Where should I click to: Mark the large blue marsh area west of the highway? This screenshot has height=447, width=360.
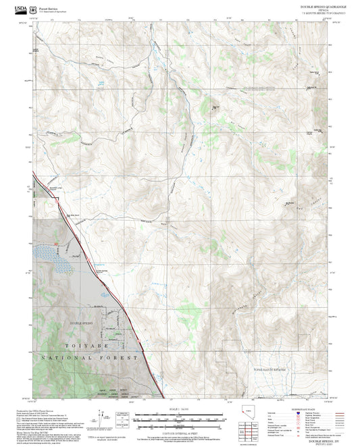click(54, 261)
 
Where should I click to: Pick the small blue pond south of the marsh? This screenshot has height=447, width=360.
click(105, 294)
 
